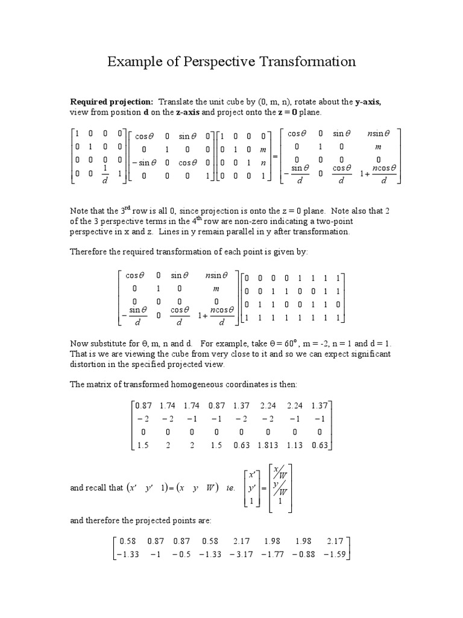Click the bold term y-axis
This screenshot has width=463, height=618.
[366, 102]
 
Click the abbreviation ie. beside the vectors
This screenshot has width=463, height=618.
[230, 488]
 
